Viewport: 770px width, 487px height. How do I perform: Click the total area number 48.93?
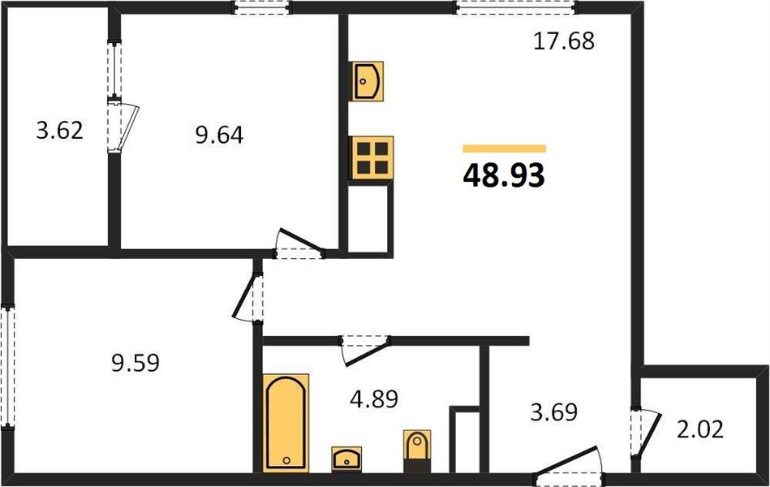click(504, 175)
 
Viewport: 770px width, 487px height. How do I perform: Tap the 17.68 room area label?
click(564, 41)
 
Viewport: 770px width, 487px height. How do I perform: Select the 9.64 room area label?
click(219, 135)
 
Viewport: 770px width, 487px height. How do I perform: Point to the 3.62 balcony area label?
click(59, 131)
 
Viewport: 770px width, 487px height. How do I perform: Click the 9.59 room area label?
click(136, 363)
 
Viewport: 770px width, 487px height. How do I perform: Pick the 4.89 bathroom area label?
click(374, 399)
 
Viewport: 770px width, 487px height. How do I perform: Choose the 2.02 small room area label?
click(700, 430)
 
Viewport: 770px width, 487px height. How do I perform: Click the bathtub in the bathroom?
click(286, 423)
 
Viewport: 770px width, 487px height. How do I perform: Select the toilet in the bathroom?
click(417, 450)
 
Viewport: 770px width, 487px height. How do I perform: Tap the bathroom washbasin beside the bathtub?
click(346, 459)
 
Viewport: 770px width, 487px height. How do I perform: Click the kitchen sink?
click(368, 81)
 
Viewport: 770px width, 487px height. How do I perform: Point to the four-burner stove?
click(372, 157)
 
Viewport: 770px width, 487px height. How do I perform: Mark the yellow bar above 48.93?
click(505, 149)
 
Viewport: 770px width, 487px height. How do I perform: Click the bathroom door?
click(366, 351)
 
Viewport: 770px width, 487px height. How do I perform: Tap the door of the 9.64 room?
click(299, 243)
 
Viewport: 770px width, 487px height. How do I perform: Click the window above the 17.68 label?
click(515, 7)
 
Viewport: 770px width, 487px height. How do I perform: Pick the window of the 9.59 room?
click(7, 367)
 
